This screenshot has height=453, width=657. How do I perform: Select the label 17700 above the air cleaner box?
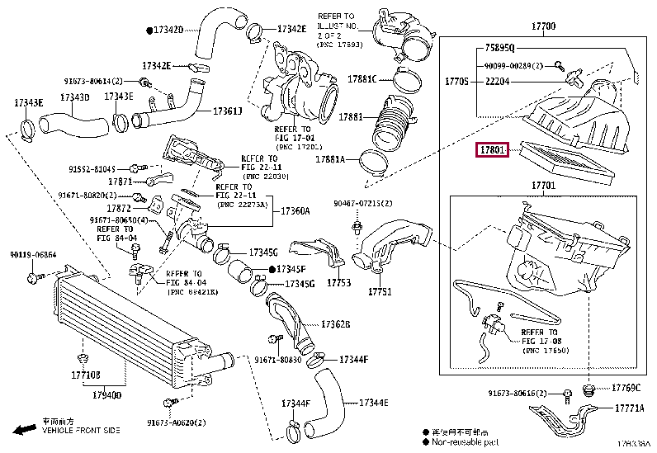click(x=542, y=27)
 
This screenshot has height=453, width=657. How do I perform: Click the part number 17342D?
click(x=167, y=30)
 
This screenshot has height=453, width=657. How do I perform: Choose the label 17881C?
click(x=362, y=79)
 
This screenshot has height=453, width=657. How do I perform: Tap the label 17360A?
click(x=294, y=211)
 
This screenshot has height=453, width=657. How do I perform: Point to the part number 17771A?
click(x=631, y=408)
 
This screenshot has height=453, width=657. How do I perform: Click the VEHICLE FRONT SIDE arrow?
click(x=24, y=430)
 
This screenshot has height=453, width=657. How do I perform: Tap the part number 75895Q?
click(x=499, y=48)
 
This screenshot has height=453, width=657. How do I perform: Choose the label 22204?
click(x=499, y=81)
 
